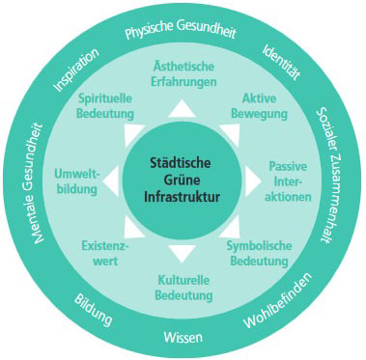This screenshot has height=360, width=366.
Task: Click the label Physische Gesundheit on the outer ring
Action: (181, 30)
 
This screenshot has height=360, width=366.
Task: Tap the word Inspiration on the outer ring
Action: (76, 69)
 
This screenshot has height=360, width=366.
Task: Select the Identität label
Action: (281, 63)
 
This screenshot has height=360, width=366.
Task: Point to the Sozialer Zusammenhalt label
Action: (328, 176)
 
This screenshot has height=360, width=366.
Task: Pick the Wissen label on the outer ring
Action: (183, 337)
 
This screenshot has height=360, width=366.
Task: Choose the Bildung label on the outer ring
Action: (94, 309)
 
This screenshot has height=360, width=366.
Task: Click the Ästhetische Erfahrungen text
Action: (183, 74)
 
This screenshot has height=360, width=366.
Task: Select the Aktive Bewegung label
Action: (260, 106)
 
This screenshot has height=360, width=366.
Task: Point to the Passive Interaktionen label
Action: (288, 181)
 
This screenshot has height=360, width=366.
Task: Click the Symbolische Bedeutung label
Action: (259, 253)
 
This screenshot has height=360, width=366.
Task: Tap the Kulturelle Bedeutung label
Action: (183, 288)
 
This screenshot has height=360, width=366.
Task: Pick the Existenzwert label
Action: (105, 253)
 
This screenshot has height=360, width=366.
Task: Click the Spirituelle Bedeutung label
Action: (105, 106)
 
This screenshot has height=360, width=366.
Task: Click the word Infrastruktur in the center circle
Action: (182, 197)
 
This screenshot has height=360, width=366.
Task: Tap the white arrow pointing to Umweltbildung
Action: (111, 181)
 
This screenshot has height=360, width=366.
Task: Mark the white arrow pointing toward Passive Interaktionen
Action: (253, 181)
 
